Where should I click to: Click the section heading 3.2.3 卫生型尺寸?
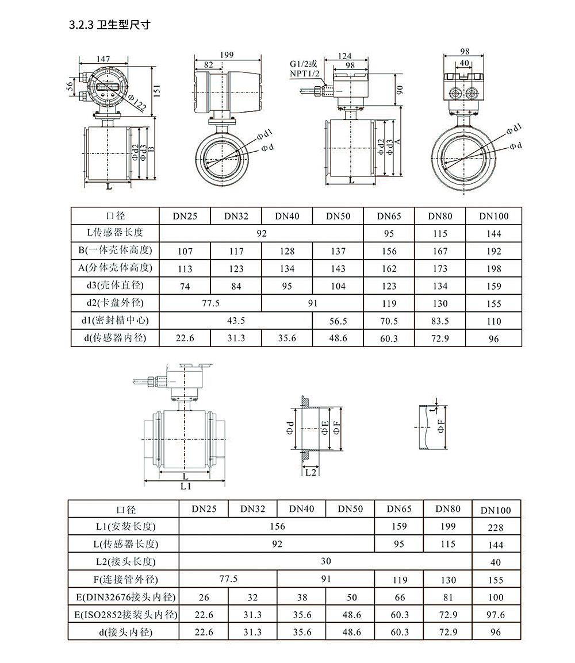tap(110, 25)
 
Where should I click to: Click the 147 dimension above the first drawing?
tap(103, 59)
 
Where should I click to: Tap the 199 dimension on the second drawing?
tap(227, 55)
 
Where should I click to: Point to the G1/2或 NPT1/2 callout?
tap(304, 68)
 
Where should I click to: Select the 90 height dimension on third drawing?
tap(400, 90)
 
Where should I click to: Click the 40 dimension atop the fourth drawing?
tap(464, 63)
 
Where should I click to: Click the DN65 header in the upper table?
tap(389, 216)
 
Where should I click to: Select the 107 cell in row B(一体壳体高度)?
tap(185, 251)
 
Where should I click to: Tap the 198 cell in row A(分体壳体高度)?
tap(494, 269)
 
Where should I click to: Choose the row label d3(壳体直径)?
tap(115, 286)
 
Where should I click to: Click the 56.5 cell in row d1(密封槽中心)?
tap(338, 321)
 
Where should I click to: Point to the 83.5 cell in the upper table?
tap(440, 321)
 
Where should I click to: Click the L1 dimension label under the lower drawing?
tap(186, 486)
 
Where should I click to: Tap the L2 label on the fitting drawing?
tap(311, 472)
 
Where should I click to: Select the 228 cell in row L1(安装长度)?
tap(496, 527)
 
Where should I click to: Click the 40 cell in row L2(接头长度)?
tap(496, 563)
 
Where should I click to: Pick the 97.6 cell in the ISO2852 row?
tap(496, 615)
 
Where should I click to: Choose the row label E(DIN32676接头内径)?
tap(126, 597)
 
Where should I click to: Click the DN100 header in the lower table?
tap(496, 510)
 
